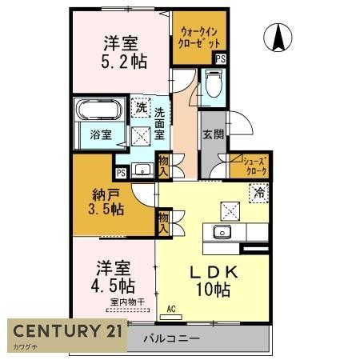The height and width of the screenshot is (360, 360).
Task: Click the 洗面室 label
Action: (x=161, y=123)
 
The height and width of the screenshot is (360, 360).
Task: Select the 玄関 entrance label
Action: (x=212, y=135)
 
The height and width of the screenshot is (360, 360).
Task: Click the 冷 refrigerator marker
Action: (x=259, y=191)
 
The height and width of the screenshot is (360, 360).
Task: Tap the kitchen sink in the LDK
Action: (x=222, y=233)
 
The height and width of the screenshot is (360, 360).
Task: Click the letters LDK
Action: (x=208, y=271)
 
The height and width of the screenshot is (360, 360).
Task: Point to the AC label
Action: (x=171, y=308)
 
